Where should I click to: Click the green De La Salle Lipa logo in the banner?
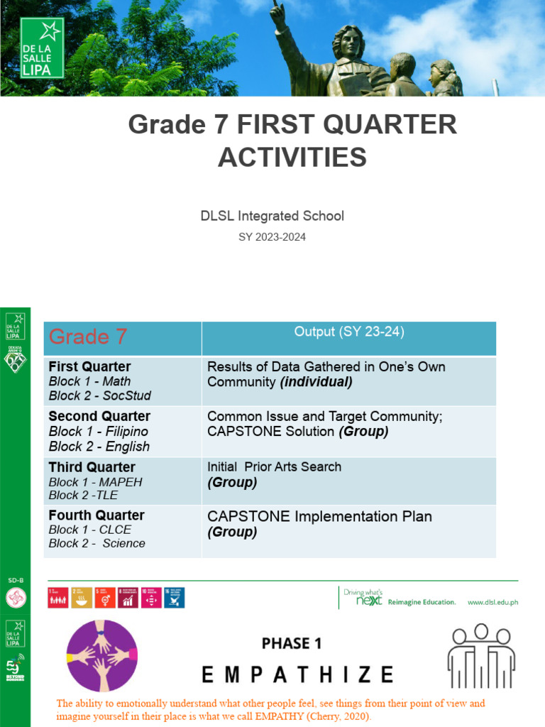point(43,48)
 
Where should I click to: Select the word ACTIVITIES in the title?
point(292,157)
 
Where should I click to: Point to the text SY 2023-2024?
point(272,237)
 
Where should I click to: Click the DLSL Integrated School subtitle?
point(272,216)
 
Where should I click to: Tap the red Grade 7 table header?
point(88,337)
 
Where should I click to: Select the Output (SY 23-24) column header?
point(349,332)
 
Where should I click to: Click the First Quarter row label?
point(89,366)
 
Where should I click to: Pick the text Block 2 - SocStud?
point(100,395)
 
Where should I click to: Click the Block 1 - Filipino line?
point(99,432)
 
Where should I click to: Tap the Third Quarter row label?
point(92,467)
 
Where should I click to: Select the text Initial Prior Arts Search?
point(274,466)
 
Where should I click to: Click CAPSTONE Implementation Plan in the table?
point(319,516)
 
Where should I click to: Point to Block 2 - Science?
point(97,543)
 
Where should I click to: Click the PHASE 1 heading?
point(292,643)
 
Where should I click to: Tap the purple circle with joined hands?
point(101,650)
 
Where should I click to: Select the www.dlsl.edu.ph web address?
point(492,602)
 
